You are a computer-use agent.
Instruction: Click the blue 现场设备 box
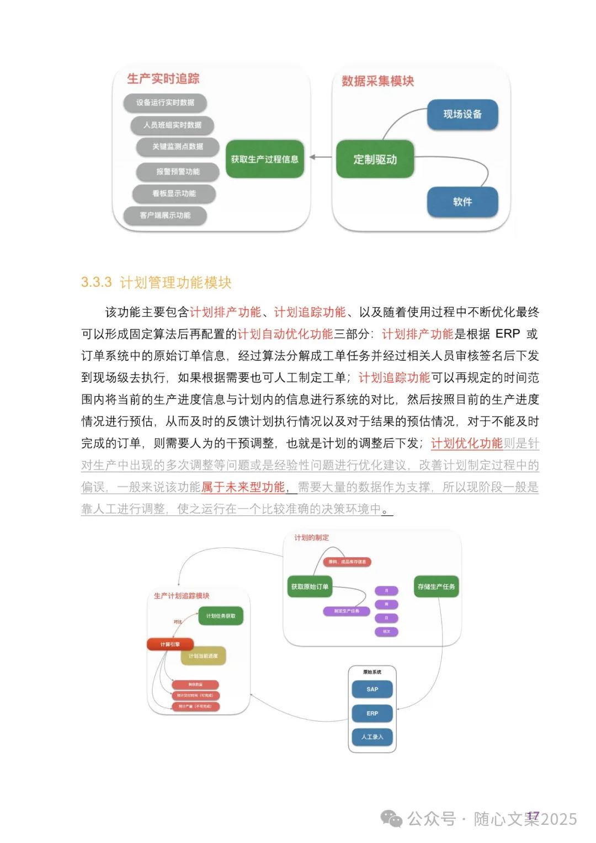click(462, 114)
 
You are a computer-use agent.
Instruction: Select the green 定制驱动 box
click(375, 159)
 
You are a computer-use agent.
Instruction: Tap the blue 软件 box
click(462, 202)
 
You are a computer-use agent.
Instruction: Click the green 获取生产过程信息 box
click(265, 159)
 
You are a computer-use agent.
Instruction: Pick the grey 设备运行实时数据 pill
click(165, 103)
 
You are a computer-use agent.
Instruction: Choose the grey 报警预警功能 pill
click(178, 172)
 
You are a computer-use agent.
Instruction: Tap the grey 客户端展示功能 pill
click(165, 215)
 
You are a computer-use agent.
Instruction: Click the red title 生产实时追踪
click(163, 79)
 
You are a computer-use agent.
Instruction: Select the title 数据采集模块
click(377, 81)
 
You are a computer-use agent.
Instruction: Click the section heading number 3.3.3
click(96, 282)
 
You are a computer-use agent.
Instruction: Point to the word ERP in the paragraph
click(508, 334)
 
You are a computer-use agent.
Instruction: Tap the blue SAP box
click(372, 689)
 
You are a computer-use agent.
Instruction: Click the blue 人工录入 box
click(372, 737)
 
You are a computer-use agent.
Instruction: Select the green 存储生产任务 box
click(437, 586)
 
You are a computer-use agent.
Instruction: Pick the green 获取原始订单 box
click(310, 586)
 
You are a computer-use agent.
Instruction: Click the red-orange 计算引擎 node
click(170, 644)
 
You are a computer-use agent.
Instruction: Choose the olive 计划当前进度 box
click(203, 656)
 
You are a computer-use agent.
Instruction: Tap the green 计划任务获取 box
click(221, 616)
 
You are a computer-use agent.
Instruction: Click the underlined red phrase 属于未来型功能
click(243, 487)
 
